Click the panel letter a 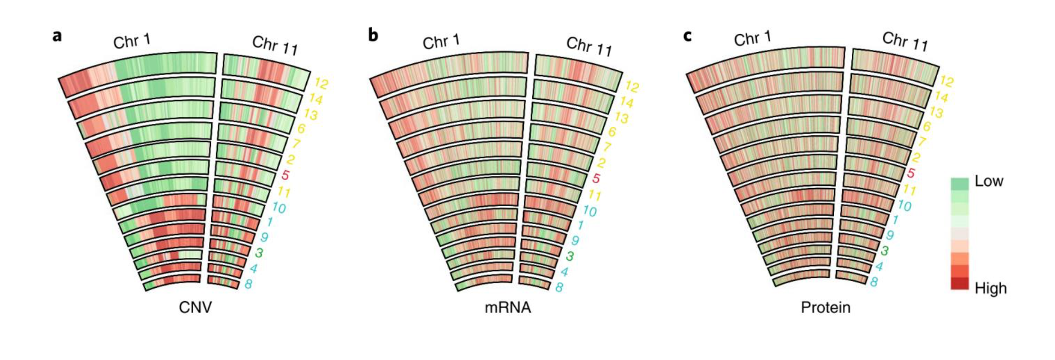click(57, 36)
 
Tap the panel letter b click(373, 35)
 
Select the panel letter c click(688, 36)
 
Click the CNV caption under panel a click(195, 307)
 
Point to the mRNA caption click(508, 308)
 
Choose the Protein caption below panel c click(825, 307)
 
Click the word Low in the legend click(989, 181)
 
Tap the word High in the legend click(990, 288)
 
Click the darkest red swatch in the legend click(959, 284)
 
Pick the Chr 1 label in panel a click(132, 42)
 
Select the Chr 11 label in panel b click(589, 47)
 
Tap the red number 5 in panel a click(285, 175)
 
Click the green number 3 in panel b click(570, 256)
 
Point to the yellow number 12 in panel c click(946, 82)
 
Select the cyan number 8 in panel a click(248, 285)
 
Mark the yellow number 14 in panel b click(626, 102)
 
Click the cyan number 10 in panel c click(904, 206)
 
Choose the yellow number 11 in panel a click(283, 192)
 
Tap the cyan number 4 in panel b click(564, 272)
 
